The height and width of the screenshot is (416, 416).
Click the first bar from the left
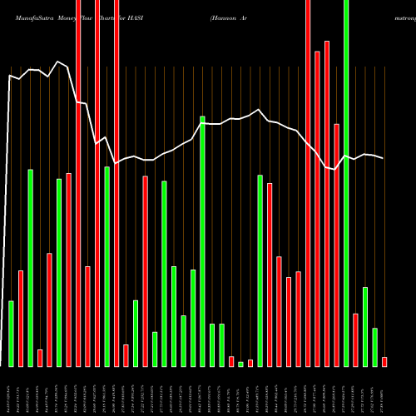11,333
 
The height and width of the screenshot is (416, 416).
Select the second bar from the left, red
21,318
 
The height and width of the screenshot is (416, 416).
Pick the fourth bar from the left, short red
40,358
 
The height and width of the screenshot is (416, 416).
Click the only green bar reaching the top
346,183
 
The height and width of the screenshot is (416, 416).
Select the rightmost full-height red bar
308,183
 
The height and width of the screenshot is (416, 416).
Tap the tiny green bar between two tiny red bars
240,364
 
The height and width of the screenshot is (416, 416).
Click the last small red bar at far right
384,361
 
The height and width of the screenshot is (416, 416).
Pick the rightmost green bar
374,347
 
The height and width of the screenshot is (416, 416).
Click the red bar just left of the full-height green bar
336,245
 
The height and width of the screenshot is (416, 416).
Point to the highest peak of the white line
57,62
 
